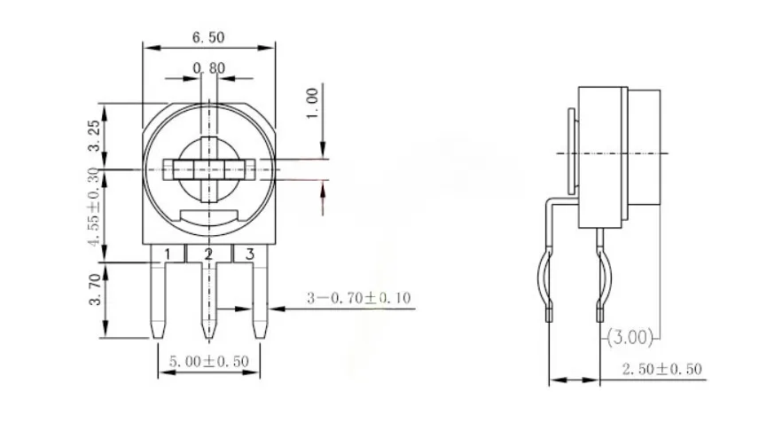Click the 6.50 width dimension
208,37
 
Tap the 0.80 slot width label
209,68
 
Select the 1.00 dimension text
312,103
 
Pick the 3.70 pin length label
95,289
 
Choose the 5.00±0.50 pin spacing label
209,361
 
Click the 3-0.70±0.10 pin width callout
358,298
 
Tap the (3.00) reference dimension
630,337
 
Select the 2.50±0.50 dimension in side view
661,369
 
